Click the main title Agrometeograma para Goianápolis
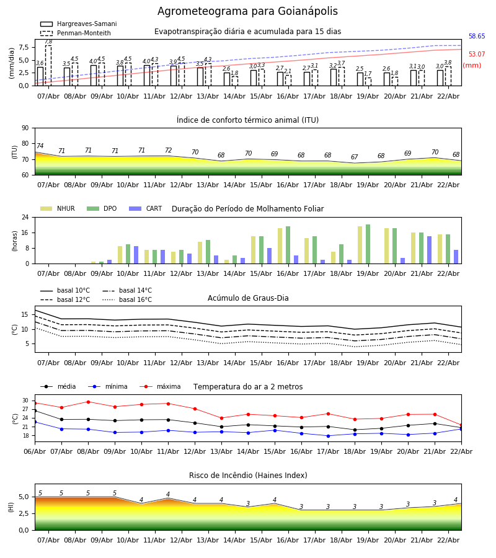[247, 12]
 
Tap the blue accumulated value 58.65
[477, 37]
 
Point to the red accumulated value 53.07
[477, 55]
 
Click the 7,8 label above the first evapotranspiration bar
[48, 42]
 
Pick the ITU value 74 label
[40, 146]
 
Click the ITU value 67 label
[354, 157]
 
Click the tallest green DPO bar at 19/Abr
[368, 244]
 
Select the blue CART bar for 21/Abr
[429, 250]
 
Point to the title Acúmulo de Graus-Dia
[248, 298]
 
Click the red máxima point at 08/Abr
[88, 402]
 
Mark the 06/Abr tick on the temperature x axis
[35, 451]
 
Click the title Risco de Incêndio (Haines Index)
[248, 476]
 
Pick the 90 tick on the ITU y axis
[25, 128]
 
